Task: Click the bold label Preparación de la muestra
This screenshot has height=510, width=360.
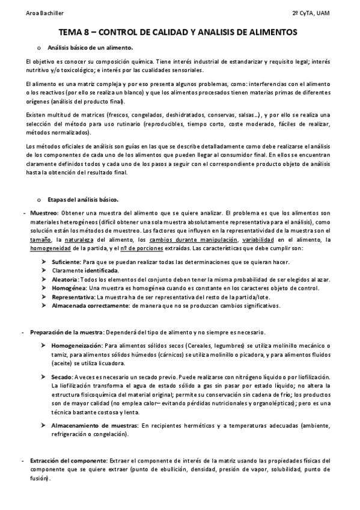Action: [66, 333]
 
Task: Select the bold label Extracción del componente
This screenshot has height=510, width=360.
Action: [69, 461]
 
